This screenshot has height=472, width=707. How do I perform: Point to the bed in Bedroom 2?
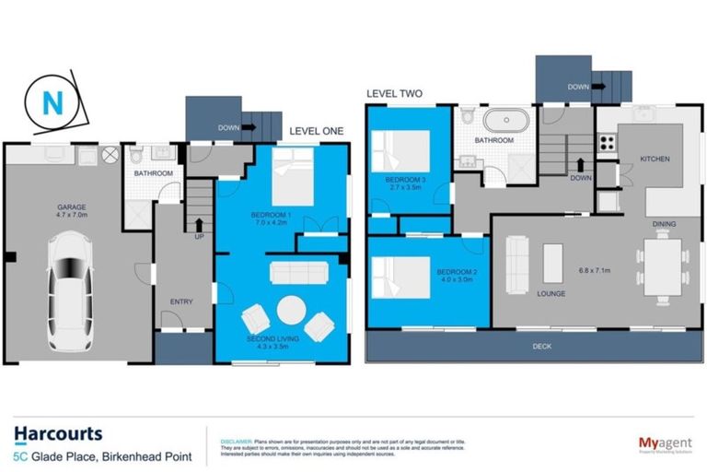400,277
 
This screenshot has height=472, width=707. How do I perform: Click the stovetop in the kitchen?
608,143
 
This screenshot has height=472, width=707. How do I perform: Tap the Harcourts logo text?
58,433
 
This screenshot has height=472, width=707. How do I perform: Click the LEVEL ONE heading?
316,132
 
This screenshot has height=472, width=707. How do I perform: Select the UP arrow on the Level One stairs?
198,225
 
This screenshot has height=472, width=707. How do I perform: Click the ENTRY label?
181,301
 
